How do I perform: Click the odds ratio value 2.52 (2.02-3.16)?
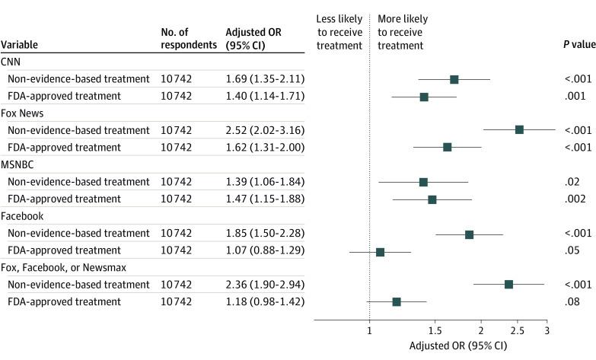265,130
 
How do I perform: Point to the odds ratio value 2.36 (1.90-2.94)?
265,285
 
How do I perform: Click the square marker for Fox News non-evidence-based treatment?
519,130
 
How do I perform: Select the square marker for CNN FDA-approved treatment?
424,97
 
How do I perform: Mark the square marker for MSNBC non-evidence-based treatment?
423,182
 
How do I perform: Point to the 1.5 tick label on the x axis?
435,331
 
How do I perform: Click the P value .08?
561,302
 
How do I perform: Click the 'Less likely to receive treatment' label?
339,31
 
